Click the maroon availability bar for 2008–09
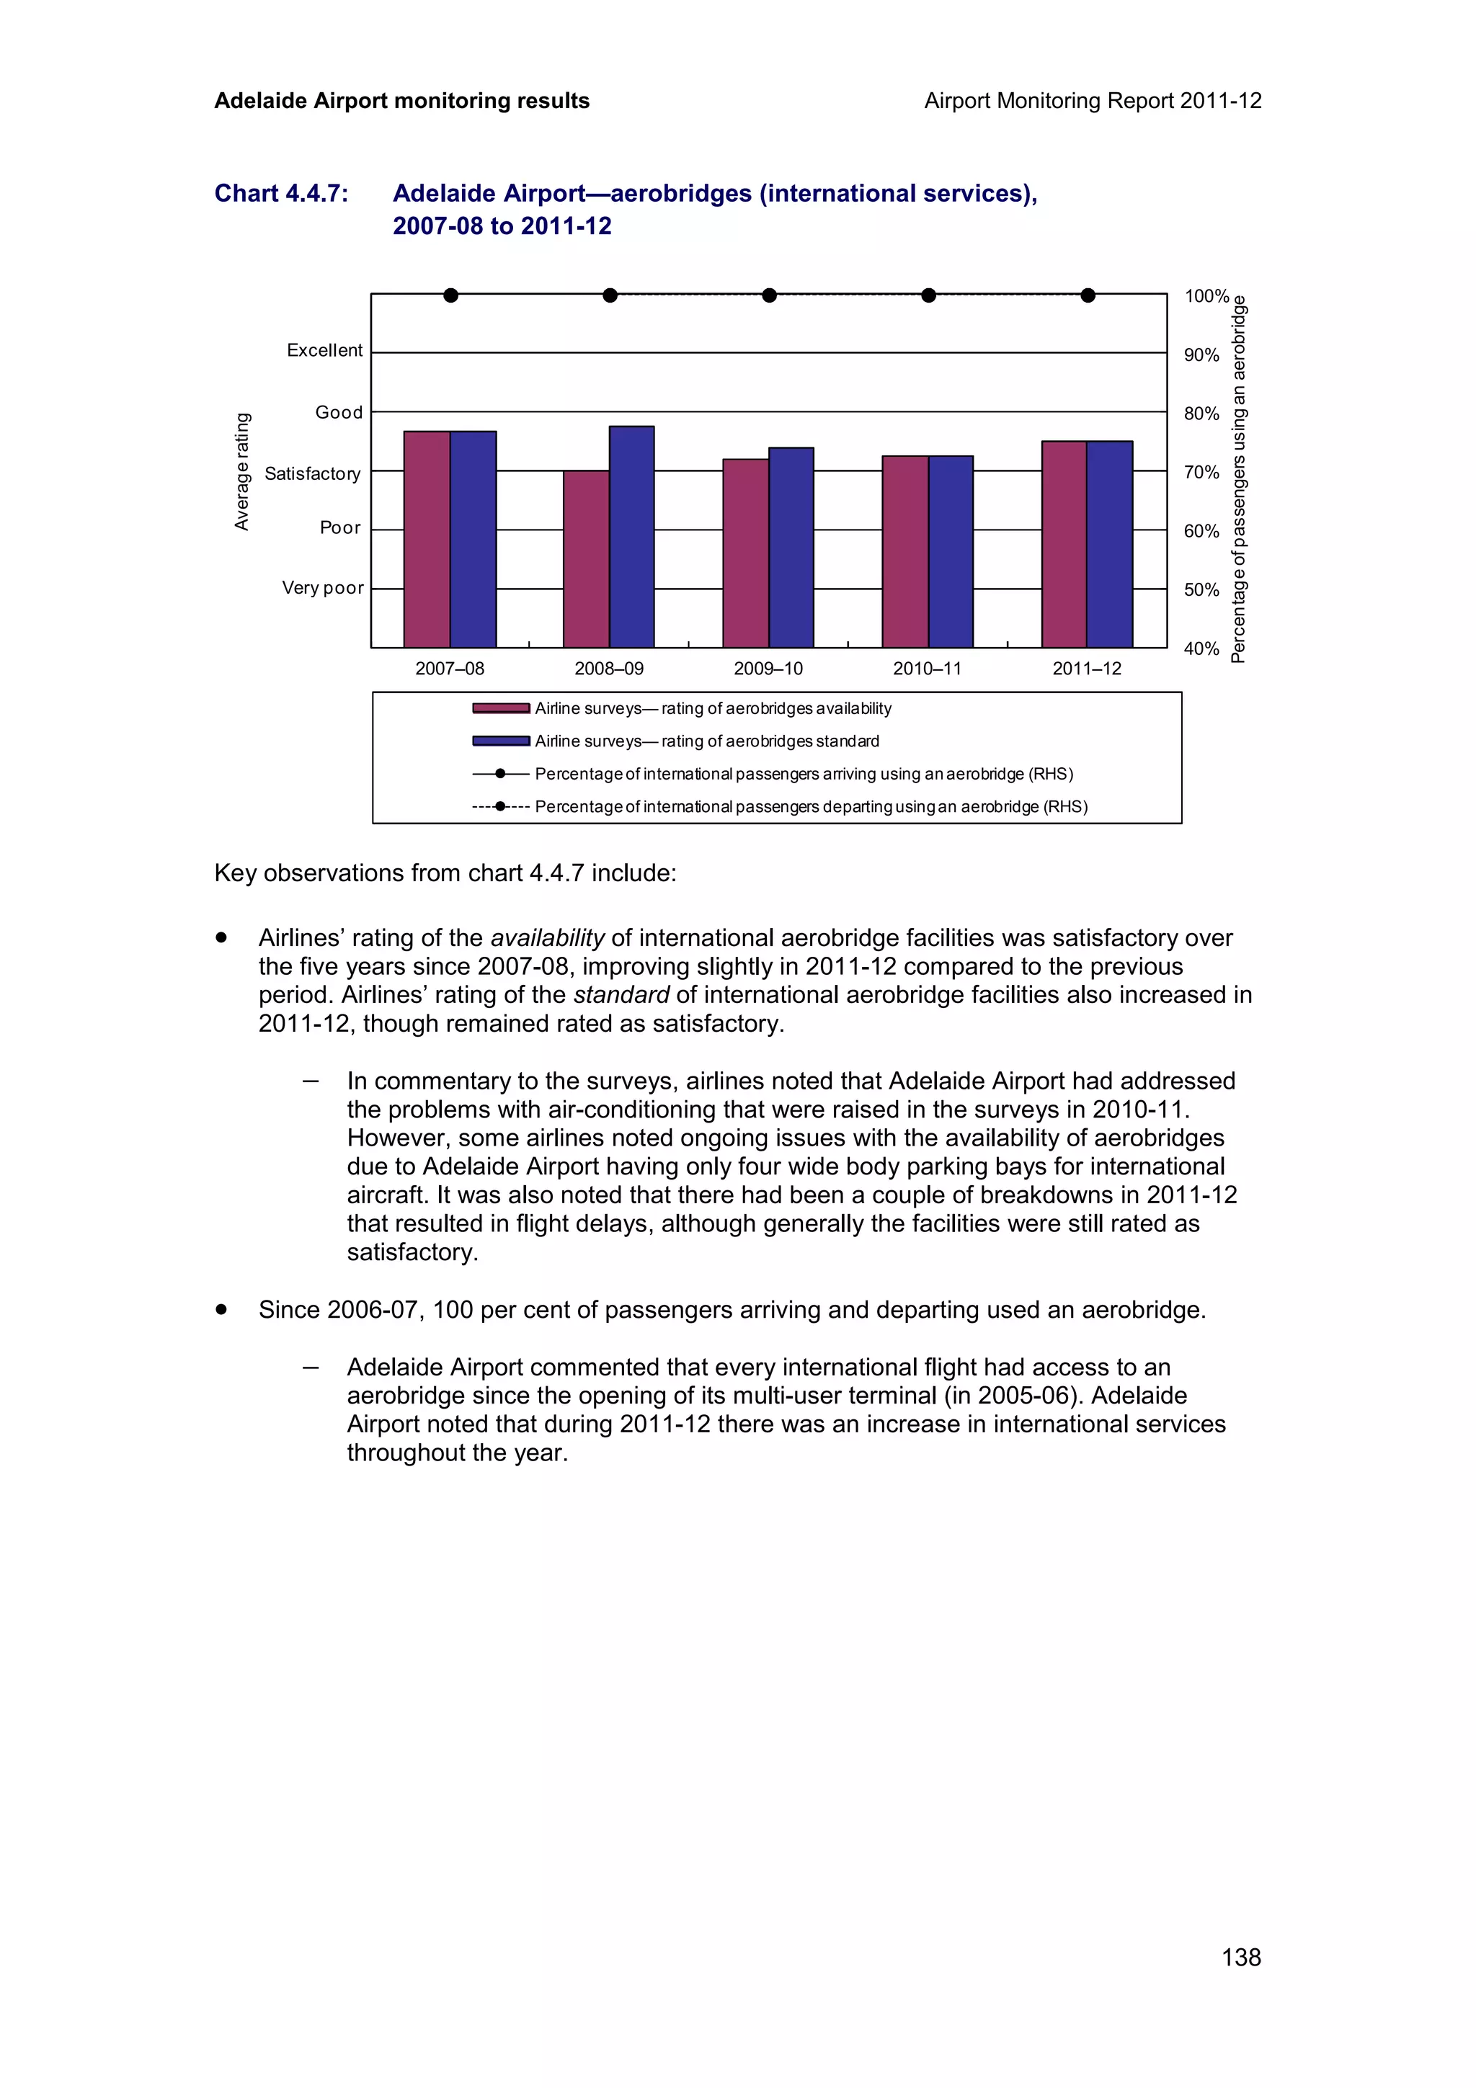pos(587,558)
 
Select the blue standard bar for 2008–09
pos(632,537)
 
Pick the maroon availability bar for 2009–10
pos(746,553)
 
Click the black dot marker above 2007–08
pos(450,295)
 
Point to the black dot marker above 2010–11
pos(928,295)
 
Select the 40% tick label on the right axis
pos(1201,649)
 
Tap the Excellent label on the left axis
pos(324,351)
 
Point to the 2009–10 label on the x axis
pos(768,669)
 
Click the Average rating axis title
pos(242,471)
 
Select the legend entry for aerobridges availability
pos(712,708)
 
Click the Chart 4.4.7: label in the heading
pos(281,194)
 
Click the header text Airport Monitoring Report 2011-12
pos(1092,101)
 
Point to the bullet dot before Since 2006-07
pos(221,1310)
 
